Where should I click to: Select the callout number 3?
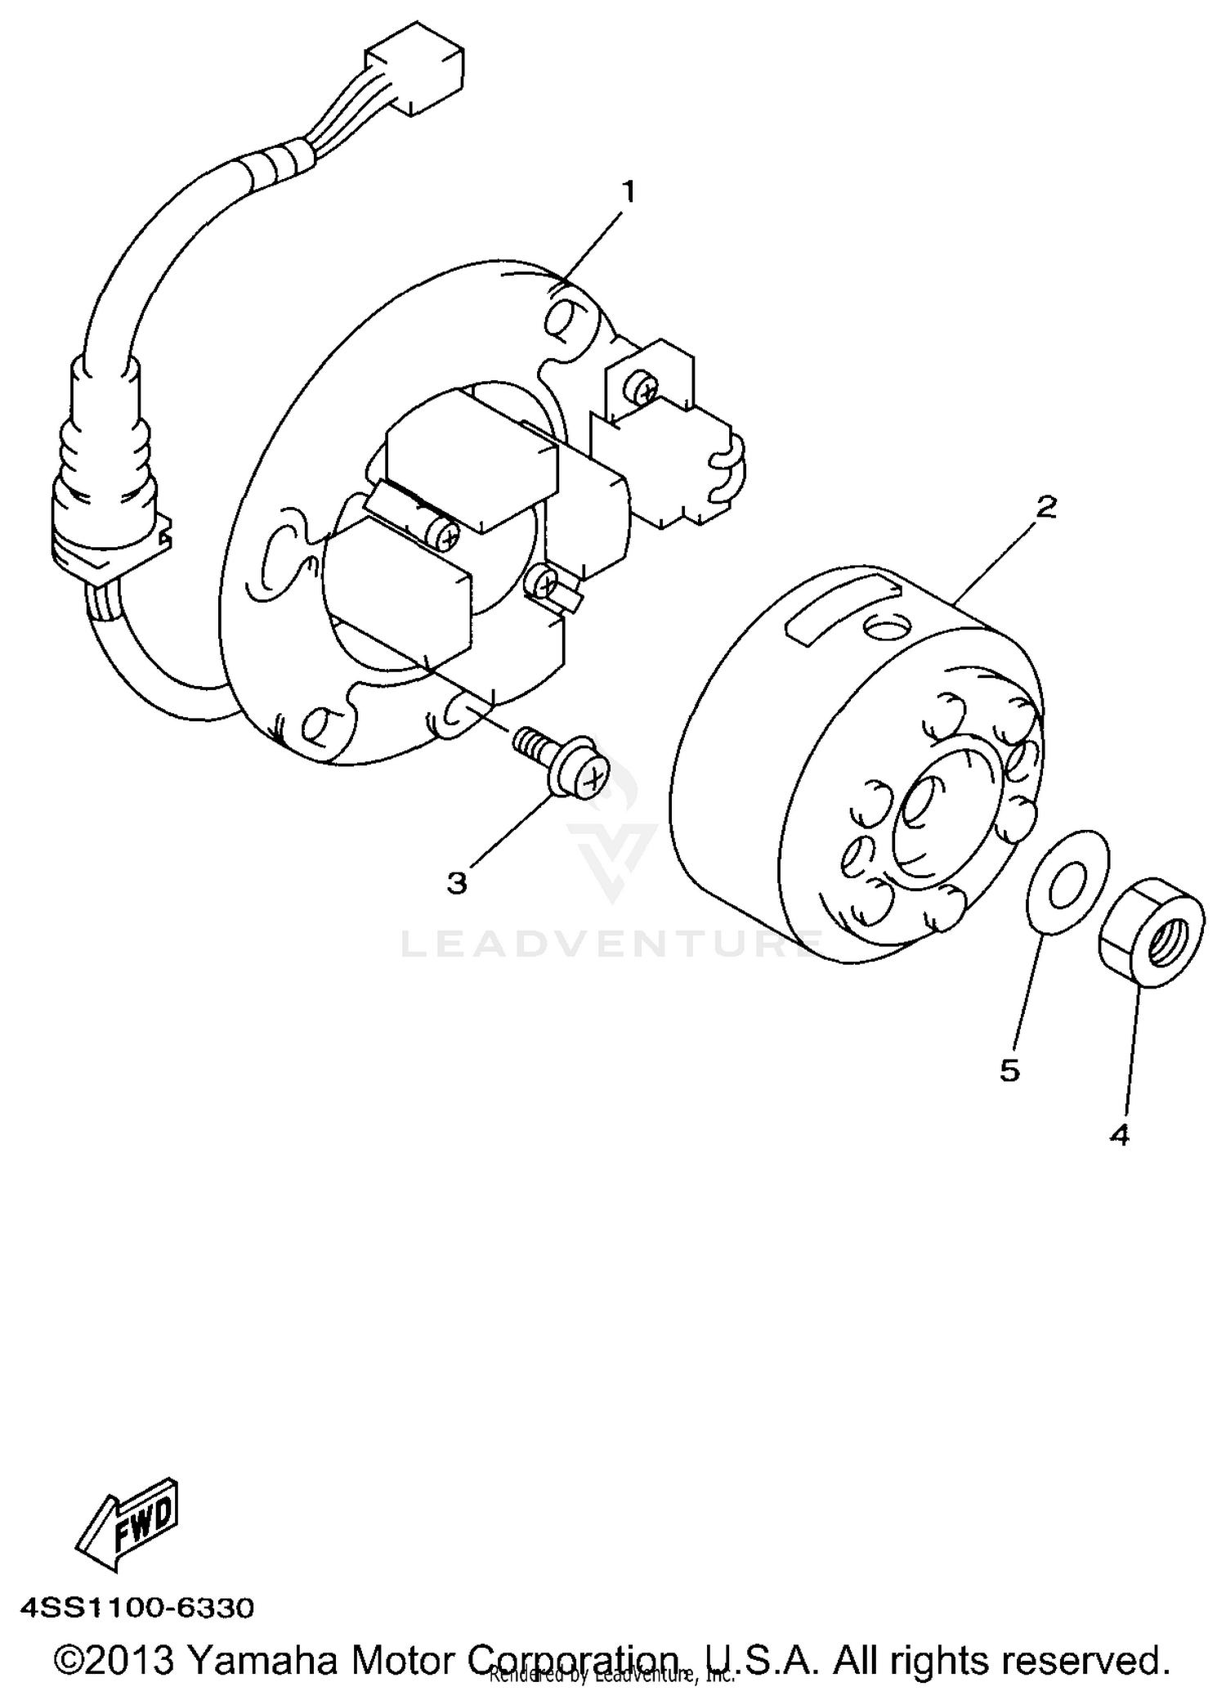click(x=457, y=882)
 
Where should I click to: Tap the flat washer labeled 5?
click(x=1067, y=883)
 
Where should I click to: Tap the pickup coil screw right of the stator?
click(x=646, y=392)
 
